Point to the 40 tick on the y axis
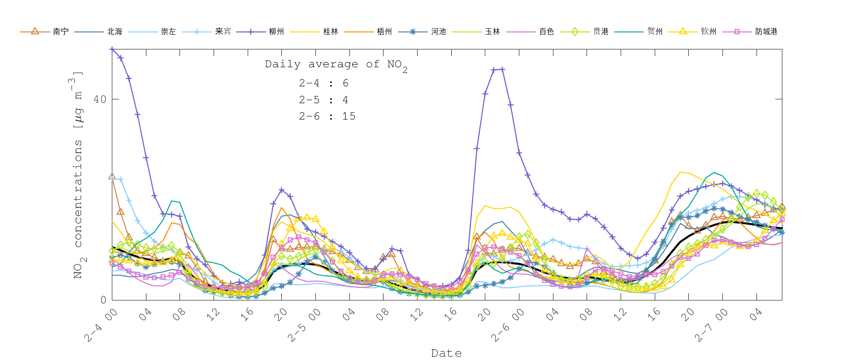(100, 99)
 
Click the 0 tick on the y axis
(103, 300)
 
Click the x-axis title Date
(446, 353)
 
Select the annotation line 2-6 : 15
(327, 117)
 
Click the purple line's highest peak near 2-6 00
(502, 69)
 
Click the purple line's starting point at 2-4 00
(112, 49)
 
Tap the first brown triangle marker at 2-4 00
(112, 176)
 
